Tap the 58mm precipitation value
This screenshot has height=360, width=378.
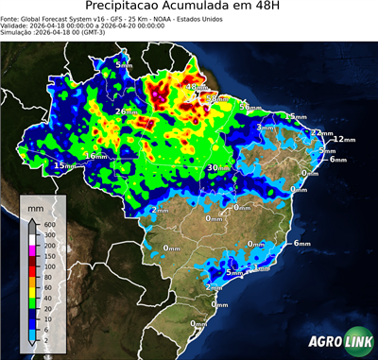[x=217, y=97]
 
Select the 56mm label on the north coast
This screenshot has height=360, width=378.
[x=249, y=107]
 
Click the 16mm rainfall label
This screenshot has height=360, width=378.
[x=94, y=155]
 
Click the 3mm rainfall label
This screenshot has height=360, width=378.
[x=266, y=126]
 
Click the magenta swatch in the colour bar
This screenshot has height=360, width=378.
[x=31, y=250]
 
